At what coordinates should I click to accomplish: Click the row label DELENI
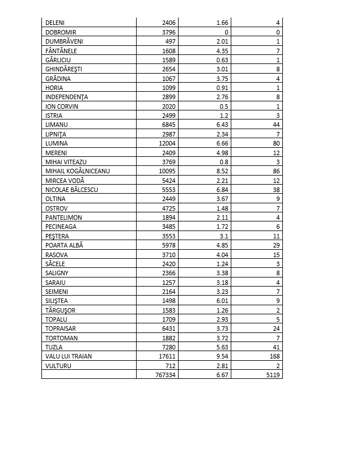54,23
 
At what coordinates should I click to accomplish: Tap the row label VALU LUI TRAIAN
69,356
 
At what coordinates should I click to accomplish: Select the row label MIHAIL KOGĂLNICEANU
77,171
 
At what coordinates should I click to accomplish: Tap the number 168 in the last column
275,356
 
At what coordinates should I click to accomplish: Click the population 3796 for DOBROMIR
168,32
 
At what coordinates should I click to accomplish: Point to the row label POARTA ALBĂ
64,245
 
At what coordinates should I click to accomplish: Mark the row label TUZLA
54,347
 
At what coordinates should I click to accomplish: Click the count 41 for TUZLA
277,347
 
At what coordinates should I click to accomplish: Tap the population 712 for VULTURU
171,366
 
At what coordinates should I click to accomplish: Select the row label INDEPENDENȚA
66,97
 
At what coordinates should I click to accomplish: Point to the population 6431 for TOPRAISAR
168,328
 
